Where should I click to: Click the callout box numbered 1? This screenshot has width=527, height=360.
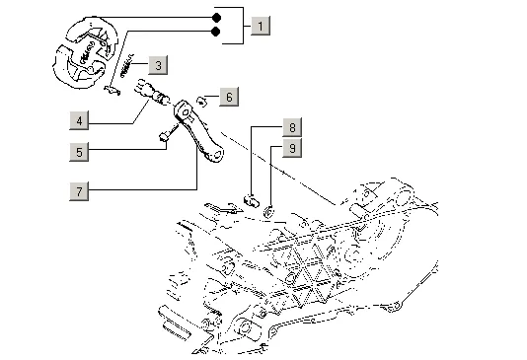pyautogui.click(x=261, y=26)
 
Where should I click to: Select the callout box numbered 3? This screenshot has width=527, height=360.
pyautogui.click(x=158, y=65)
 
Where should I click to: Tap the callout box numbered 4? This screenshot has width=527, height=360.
pyautogui.click(x=79, y=120)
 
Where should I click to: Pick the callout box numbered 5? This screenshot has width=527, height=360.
pyautogui.click(x=79, y=152)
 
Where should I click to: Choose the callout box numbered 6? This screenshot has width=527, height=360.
pyautogui.click(x=229, y=97)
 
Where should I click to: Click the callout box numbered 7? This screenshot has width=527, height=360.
pyautogui.click(x=79, y=191)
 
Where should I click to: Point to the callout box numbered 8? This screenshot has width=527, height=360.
pyautogui.click(x=292, y=127)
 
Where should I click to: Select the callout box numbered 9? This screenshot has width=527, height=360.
pyautogui.click(x=292, y=148)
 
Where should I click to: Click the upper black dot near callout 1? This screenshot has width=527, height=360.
pyautogui.click(x=217, y=18)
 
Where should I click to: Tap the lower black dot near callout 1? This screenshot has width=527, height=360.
pyautogui.click(x=215, y=32)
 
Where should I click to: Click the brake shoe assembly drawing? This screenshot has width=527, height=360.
pyautogui.click(x=85, y=52)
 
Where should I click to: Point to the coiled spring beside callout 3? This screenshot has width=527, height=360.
pyautogui.click(x=126, y=65)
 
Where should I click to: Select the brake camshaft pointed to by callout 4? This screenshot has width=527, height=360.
pyautogui.click(x=152, y=92)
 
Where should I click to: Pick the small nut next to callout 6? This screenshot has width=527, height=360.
pyautogui.click(x=201, y=101)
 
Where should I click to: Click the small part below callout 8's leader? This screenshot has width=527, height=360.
pyautogui.click(x=251, y=200)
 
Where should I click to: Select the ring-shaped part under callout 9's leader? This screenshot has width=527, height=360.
pyautogui.click(x=268, y=212)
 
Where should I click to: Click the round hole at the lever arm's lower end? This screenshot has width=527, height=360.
pyautogui.click(x=217, y=155)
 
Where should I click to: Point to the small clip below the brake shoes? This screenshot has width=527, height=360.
pyautogui.click(x=112, y=91)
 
